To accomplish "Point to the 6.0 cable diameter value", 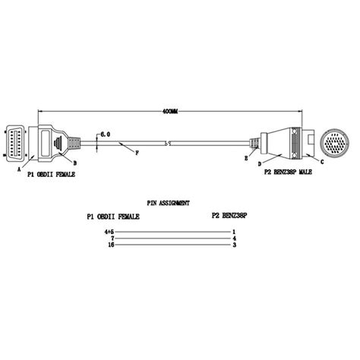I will (106, 134).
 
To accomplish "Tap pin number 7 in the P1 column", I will (111, 238).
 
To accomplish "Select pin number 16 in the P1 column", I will (110, 246).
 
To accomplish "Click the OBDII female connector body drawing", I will (49, 142).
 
